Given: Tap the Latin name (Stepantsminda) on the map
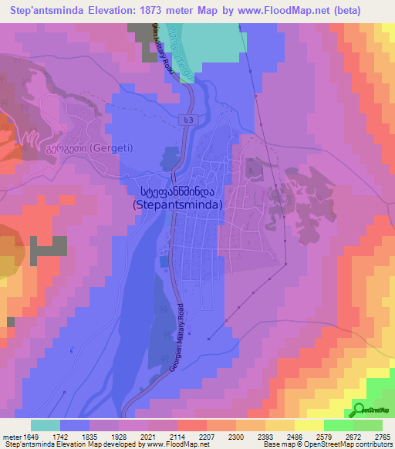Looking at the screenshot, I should pos(177,205).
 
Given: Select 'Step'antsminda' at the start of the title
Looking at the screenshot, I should pos(44,10).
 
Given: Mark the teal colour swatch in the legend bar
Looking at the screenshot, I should pos(46,425).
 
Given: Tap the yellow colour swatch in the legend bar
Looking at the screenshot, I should pos(309,425).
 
